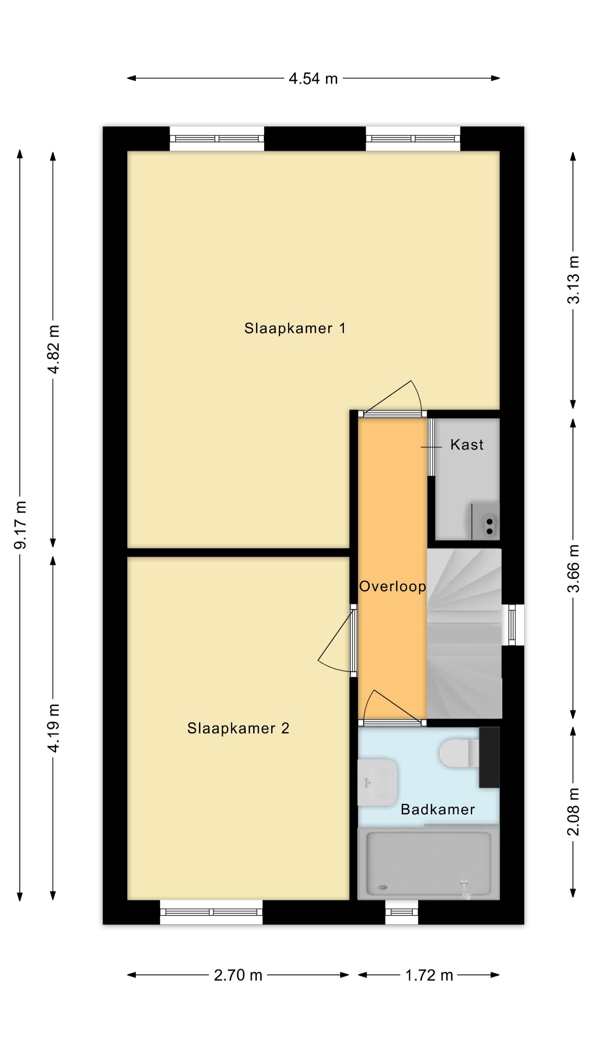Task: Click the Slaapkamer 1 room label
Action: click(x=295, y=328)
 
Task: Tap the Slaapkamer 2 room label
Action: click(x=238, y=728)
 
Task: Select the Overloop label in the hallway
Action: click(x=392, y=587)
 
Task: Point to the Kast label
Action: click(x=467, y=445)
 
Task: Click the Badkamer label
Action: click(x=437, y=809)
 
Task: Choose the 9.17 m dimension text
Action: click(x=20, y=524)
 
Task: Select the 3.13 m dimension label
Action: click(x=573, y=280)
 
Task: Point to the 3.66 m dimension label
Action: click(x=573, y=568)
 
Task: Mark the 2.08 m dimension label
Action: click(x=573, y=812)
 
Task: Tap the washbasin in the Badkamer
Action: click(x=377, y=782)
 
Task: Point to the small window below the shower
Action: click(x=402, y=912)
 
